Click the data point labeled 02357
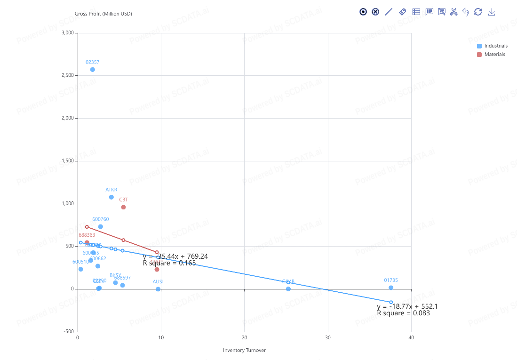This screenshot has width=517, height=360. pos(93,70)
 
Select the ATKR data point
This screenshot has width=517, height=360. pos(111,197)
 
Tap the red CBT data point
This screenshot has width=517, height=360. pos(123,207)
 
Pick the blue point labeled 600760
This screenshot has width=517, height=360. pos(101,227)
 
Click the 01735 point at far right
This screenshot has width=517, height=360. pos(391,288)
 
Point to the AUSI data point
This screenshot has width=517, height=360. pos(158,289)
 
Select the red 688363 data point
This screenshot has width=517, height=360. pos(87,243)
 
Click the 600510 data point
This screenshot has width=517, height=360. pos(80,269)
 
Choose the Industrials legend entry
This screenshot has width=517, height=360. pos(492,46)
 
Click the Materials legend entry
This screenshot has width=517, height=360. pos(491,55)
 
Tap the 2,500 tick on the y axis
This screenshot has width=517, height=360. pos(68,75)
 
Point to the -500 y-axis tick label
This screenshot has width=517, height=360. pos(68,332)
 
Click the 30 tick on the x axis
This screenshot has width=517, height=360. pos(328,338)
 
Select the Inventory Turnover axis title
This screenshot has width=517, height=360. pos(244,350)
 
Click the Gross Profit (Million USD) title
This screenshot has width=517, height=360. pos(103,14)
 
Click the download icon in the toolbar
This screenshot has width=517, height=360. pos(492,12)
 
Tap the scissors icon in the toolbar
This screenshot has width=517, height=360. pos(453,12)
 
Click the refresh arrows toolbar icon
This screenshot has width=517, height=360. pos(478,12)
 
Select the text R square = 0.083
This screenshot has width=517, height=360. pos(403,313)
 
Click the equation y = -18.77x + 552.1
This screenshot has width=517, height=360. pos(407,306)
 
